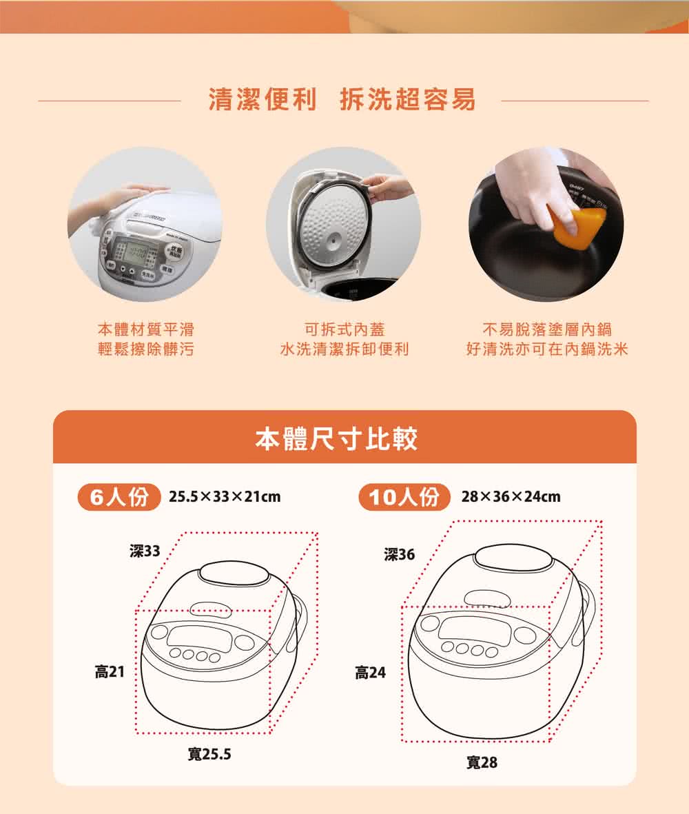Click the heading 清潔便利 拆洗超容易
click(342, 101)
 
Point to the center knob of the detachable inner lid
click(334, 238)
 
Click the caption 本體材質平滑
click(145, 329)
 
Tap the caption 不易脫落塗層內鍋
click(547, 329)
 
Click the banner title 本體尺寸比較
click(336, 438)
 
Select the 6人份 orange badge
click(119, 496)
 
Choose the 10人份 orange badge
click(404, 496)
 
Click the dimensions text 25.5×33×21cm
click(225, 496)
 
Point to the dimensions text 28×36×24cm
click(511, 496)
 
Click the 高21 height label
click(110, 671)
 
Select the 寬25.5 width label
click(209, 755)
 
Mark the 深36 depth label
click(400, 554)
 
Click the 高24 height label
click(370, 672)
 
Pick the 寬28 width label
click(482, 762)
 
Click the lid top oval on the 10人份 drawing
click(514, 557)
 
